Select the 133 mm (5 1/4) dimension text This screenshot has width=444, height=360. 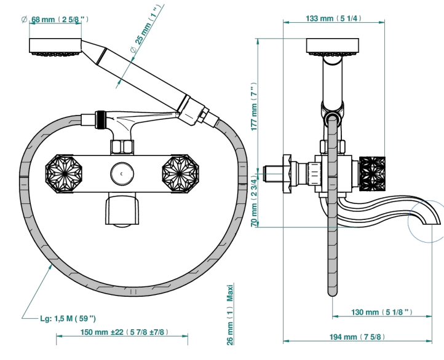click(333, 18)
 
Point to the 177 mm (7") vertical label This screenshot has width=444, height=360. click(254, 107)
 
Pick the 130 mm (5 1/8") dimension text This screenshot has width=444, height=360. click(382, 312)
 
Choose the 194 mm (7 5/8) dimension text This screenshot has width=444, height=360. click(357, 337)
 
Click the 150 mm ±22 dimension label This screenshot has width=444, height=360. click(124, 332)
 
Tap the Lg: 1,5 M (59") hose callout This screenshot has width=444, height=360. click(68, 319)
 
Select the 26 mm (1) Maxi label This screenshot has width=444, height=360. click(230, 315)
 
